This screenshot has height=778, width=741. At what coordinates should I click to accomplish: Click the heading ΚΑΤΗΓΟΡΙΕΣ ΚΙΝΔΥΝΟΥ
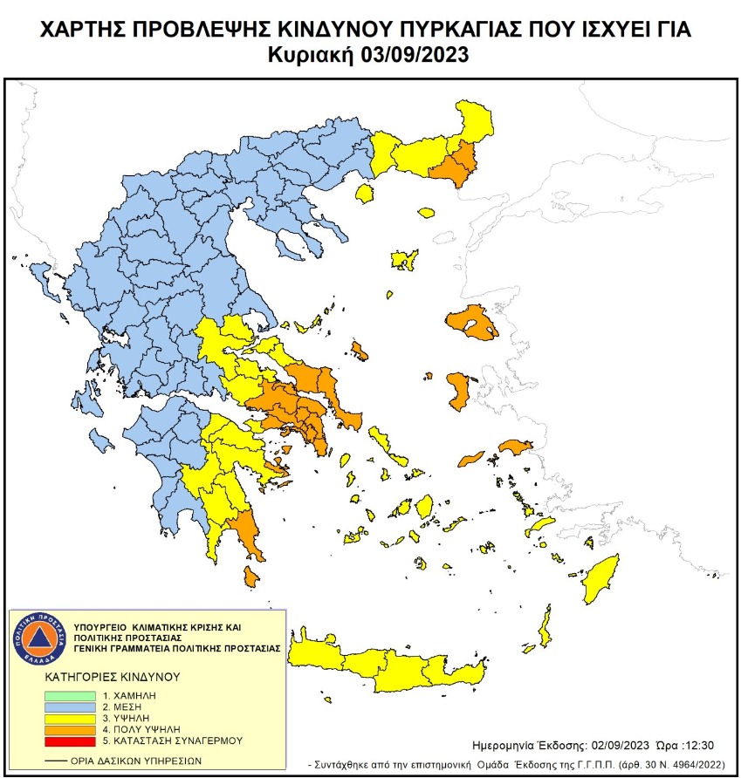111,676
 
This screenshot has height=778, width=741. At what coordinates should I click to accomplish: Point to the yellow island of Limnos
404,260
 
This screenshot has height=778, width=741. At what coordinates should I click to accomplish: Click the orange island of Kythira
251,577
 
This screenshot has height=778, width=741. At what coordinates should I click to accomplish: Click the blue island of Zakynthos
101,443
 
